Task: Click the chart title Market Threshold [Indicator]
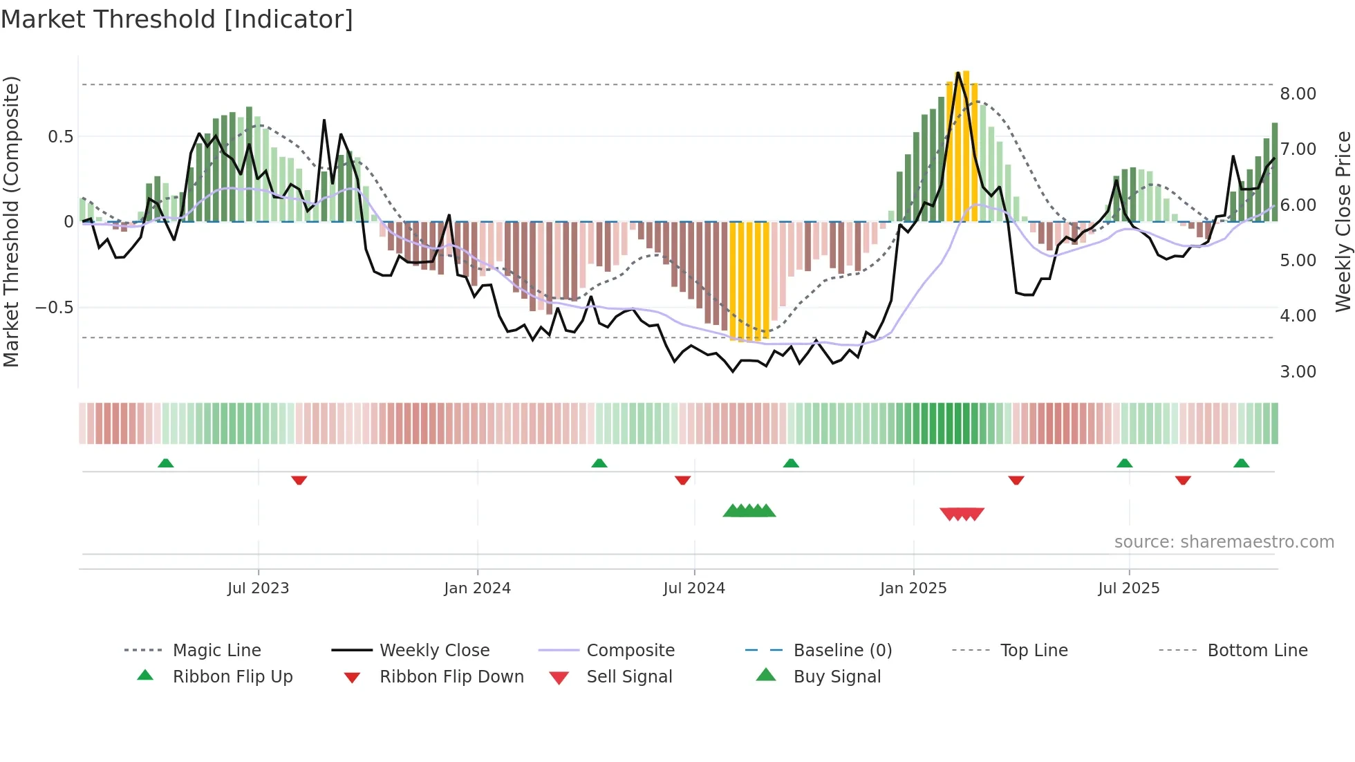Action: (177, 19)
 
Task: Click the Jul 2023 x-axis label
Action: (258, 588)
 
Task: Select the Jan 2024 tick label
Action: (477, 588)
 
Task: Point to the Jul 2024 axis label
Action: (694, 588)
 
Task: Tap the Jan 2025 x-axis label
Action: (913, 588)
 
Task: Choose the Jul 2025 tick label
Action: (1129, 588)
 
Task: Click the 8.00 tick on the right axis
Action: (1298, 94)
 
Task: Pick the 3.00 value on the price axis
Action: (1298, 372)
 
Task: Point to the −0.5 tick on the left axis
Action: (54, 307)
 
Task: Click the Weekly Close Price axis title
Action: (1343, 221)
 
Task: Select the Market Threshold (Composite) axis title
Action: (11, 221)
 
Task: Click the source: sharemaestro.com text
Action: (1224, 542)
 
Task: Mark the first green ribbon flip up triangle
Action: (165, 463)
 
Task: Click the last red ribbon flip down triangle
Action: (1183, 480)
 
